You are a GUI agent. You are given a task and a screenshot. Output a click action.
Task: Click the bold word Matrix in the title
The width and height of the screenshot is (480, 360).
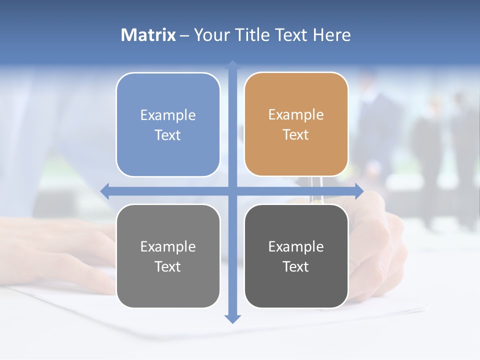(x=148, y=35)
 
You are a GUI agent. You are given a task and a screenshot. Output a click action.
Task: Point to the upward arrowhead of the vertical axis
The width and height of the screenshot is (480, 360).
(x=232, y=64)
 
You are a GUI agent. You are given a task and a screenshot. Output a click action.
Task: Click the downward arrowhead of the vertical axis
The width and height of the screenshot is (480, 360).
(x=232, y=318)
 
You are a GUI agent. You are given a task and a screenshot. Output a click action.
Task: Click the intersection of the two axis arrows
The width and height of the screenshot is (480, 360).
(x=232, y=191)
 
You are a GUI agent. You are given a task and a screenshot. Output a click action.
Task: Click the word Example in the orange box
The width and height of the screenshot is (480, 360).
(x=296, y=115)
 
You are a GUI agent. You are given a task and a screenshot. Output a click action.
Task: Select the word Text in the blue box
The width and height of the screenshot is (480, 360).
(x=168, y=135)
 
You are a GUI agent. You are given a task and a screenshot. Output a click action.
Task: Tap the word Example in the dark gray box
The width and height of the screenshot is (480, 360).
(x=296, y=246)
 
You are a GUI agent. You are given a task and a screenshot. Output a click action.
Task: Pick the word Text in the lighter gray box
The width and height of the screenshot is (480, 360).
(x=168, y=267)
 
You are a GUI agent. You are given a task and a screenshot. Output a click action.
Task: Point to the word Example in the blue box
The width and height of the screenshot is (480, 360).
(x=168, y=115)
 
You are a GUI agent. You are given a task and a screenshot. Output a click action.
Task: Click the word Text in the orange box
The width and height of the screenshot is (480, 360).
(x=296, y=135)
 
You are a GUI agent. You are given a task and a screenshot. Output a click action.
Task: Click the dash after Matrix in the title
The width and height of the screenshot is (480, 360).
(x=184, y=35)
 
